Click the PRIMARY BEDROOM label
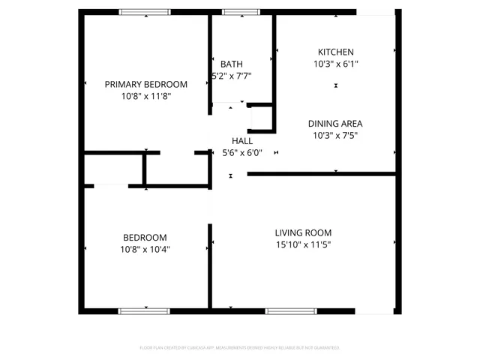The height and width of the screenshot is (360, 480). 145,84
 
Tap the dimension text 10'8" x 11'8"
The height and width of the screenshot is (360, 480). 145,96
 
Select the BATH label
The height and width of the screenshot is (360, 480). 231,64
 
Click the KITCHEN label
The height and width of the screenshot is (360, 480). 335,52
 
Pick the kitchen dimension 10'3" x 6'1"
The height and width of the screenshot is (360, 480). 335,64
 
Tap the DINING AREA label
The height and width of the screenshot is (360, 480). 335,124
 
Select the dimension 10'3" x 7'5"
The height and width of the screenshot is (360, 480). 335,136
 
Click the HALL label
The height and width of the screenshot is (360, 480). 241,141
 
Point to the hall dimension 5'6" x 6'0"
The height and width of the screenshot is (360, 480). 241,153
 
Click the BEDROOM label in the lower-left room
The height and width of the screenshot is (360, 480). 145,237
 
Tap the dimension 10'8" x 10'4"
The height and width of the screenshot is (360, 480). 145,249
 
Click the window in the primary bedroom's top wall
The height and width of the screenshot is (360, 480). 145,12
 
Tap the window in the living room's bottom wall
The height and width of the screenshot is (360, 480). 291,310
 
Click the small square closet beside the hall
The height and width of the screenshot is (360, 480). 261,118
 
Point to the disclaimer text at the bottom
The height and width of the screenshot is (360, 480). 240,348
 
